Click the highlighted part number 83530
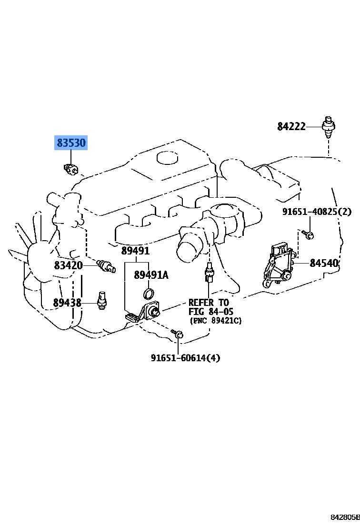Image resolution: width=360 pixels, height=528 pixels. click(71, 142)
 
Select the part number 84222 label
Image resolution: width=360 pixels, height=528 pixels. click(291, 126)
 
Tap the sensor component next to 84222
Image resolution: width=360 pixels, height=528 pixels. click(328, 127)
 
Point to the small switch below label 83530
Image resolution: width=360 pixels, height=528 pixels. click(70, 169)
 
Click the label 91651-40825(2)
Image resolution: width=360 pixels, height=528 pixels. click(316, 212)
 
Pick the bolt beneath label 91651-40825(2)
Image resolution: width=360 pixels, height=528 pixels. click(308, 234)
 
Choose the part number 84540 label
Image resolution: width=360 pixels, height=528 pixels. click(324, 263)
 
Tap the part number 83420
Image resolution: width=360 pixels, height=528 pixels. click(68, 265)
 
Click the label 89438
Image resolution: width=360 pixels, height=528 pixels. click(67, 303)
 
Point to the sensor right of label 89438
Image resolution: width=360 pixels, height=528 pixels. click(101, 300)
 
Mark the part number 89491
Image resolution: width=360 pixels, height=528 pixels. click(135, 251)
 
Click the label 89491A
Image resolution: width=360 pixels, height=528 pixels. click(151, 275)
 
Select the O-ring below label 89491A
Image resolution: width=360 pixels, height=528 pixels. click(149, 293)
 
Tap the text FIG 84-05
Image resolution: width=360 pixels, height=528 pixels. click(210, 312)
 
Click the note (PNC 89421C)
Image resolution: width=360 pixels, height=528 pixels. click(216, 321)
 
